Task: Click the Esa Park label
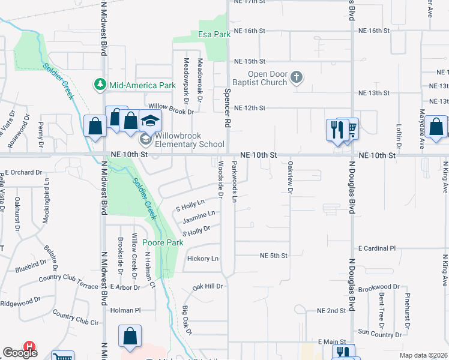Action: (214, 35)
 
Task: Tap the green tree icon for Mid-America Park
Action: (100, 85)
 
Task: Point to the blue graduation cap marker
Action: (150, 121)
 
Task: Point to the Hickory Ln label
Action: (202, 259)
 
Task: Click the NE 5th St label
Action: (274, 256)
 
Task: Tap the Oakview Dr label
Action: (290, 178)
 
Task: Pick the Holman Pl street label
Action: (125, 310)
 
